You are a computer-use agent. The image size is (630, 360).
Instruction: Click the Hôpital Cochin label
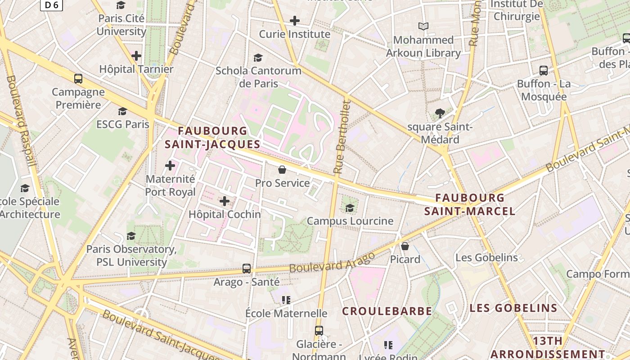[225, 214]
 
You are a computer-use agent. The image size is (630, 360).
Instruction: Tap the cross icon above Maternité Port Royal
[170, 166]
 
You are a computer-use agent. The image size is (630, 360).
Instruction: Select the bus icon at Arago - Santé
[246, 269]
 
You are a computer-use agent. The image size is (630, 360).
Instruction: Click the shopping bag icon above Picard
[405, 246]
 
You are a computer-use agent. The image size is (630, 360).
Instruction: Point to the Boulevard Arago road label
[332, 262]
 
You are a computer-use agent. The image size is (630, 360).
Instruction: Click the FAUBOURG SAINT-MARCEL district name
[470, 204]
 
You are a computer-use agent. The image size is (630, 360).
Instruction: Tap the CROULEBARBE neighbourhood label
[387, 311]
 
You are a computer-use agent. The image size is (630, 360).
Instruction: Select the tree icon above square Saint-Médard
[440, 113]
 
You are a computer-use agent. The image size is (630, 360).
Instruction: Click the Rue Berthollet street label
[342, 137]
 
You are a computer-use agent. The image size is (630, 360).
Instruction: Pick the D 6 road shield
[51, 5]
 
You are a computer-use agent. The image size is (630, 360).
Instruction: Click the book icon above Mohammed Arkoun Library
[423, 27]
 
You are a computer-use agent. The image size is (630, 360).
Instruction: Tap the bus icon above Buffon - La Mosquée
[544, 70]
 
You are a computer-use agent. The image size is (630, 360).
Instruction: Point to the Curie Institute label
[294, 34]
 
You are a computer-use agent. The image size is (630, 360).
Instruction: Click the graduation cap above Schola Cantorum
[258, 58]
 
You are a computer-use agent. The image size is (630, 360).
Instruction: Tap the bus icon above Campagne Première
[78, 79]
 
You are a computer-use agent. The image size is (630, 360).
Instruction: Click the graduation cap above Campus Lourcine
[350, 208]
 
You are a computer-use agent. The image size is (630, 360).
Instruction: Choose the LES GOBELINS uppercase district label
[513, 308]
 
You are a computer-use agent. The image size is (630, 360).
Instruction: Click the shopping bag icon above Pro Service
[282, 170]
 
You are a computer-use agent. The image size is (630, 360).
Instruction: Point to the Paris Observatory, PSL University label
[131, 255]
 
